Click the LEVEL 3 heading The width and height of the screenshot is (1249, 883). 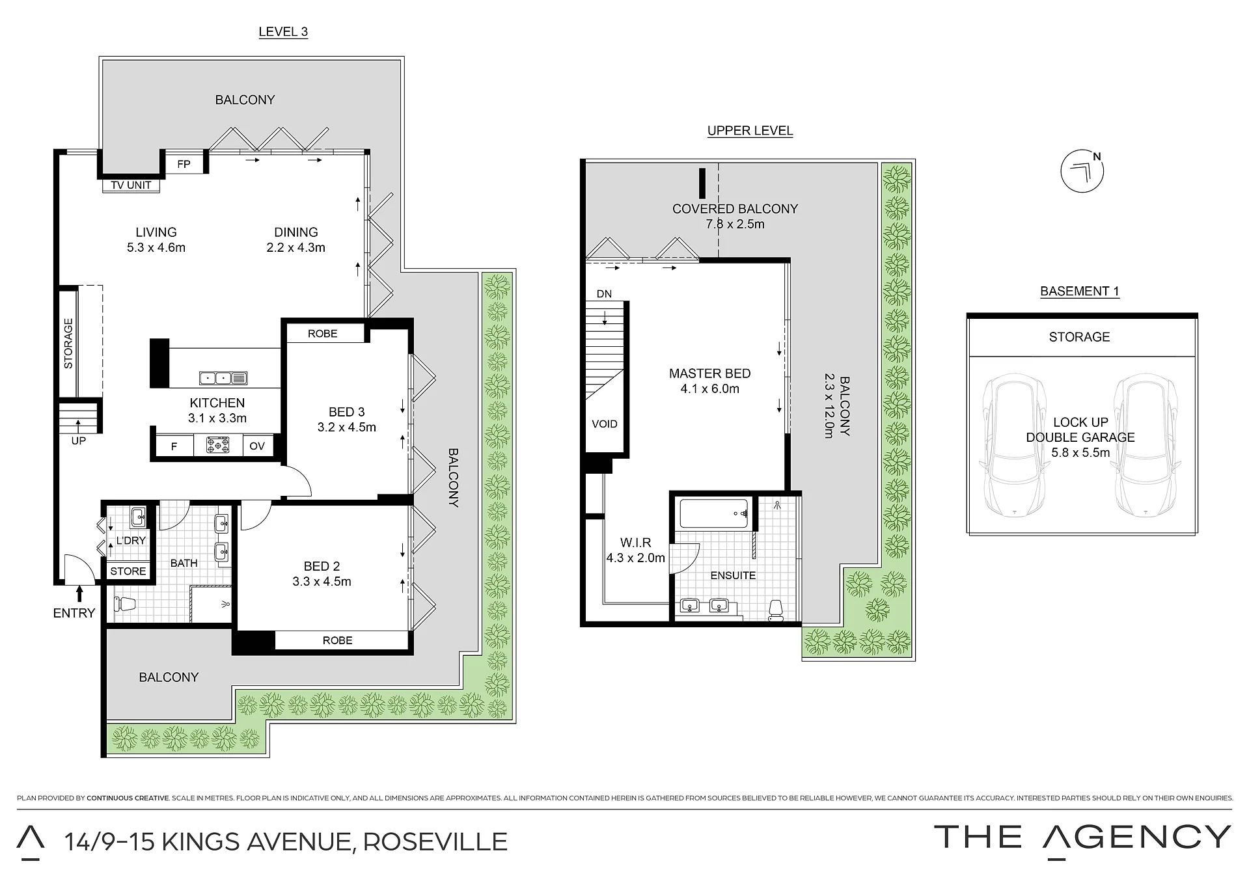point(283,32)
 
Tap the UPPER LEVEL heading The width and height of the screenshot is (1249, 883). point(750,131)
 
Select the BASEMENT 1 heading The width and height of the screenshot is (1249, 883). point(1080,292)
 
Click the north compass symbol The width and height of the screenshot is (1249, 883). point(1082,171)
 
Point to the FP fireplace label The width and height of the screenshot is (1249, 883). point(184,164)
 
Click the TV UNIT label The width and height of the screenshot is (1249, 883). point(131,185)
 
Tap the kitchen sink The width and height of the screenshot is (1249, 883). point(223,377)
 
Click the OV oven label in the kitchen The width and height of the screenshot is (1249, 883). point(257,446)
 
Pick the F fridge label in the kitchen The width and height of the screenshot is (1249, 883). point(174,446)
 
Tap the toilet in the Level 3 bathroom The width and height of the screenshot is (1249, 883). point(124,605)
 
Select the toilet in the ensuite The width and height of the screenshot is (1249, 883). point(775,610)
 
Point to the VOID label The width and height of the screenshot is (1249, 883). point(605,424)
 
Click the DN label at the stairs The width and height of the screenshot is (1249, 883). point(604,294)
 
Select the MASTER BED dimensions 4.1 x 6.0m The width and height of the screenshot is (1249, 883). point(710,389)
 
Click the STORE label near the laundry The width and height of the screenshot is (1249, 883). point(128,571)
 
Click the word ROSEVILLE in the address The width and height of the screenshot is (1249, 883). point(435,842)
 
